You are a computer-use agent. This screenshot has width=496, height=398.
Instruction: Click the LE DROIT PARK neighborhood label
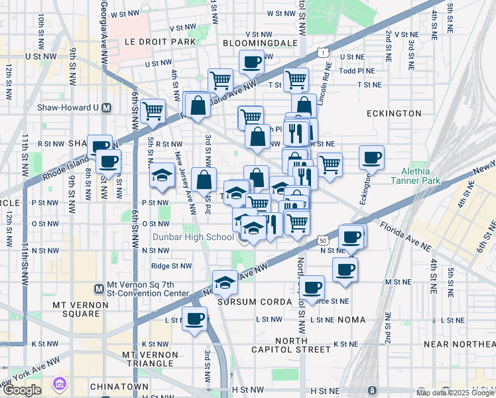click(160, 41)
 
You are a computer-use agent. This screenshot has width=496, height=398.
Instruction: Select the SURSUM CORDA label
click(255, 302)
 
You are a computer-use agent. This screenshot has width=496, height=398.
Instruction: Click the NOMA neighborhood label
click(351, 320)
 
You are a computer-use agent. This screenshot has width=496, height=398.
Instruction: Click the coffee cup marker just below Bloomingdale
click(251, 62)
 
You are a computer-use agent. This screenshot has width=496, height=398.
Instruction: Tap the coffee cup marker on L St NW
click(194, 319)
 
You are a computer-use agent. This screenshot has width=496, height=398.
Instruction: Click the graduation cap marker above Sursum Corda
click(225, 283)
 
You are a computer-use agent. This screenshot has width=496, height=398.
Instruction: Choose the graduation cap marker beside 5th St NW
click(161, 176)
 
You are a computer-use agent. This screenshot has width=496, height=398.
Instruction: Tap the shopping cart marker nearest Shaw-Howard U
click(153, 110)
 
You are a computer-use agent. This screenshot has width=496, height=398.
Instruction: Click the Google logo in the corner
click(22, 390)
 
